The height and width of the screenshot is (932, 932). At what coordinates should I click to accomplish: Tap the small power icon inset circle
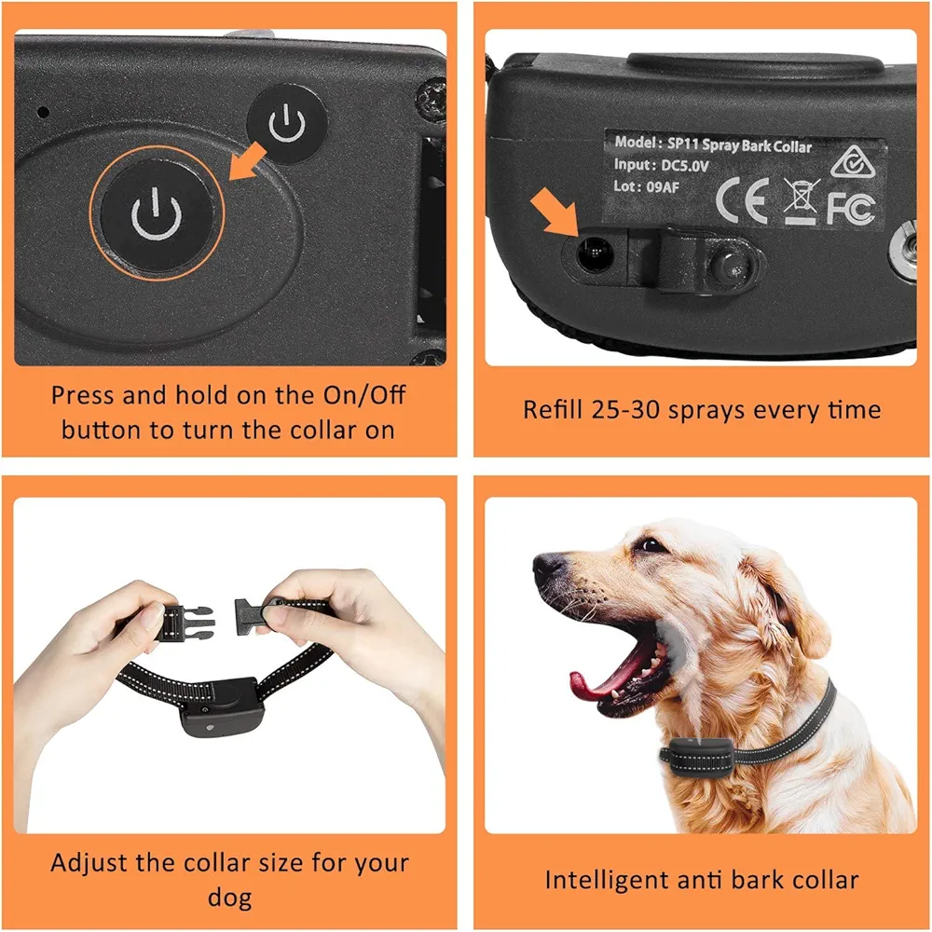tap(287, 124)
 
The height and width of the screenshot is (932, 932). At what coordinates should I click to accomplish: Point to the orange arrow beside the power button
tap(247, 161)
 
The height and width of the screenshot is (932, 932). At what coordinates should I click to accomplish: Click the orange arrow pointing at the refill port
tap(554, 211)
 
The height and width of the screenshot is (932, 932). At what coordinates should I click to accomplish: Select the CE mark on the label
tap(742, 199)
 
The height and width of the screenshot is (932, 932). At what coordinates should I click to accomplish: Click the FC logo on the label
tap(851, 209)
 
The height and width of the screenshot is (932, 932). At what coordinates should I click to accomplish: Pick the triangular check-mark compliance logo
tap(853, 161)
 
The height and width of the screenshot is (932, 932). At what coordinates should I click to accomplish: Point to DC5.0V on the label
tap(685, 166)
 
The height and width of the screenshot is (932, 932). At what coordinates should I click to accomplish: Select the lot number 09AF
tap(662, 187)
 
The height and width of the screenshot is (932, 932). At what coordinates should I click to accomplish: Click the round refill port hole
tap(595, 254)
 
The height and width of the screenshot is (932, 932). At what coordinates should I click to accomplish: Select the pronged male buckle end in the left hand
tap(186, 623)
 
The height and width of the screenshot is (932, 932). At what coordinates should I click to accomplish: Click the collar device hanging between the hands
tap(219, 707)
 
